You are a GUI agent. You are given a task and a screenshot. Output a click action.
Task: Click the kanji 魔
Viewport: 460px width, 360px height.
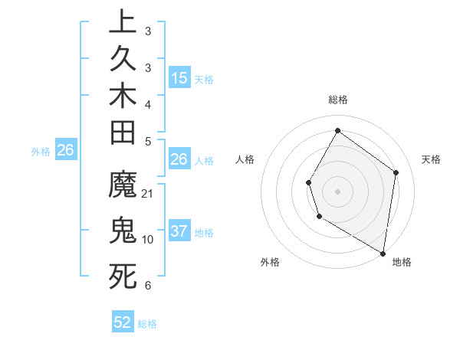pos(123,187)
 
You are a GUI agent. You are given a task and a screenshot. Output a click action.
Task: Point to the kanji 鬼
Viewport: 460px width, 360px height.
pos(123,231)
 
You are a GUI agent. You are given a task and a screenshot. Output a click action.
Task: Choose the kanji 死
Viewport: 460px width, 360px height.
pos(123,276)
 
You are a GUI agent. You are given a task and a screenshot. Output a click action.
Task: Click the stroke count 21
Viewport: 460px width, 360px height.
pos(148,194)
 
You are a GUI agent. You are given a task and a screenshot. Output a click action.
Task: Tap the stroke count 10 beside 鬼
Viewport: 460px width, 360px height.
pos(148,239)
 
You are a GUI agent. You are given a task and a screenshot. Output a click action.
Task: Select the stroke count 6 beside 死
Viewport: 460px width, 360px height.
pos(148,285)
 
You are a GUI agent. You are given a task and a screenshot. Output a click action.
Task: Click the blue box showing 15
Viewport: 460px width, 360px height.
pos(179,78)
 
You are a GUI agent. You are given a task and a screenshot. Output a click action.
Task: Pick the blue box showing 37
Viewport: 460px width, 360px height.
pos(179,231)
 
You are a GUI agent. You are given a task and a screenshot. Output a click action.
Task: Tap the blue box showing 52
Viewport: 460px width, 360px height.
pos(123,322)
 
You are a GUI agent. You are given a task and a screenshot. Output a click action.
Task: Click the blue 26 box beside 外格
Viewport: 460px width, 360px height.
pos(66,151)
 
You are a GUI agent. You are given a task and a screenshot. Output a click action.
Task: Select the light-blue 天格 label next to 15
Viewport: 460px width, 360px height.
pos(204,79)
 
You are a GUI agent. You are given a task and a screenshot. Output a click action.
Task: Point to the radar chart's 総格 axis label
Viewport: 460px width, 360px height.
pos(338,100)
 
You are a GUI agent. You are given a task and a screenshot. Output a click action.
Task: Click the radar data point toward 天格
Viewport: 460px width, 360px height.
pos(396,172)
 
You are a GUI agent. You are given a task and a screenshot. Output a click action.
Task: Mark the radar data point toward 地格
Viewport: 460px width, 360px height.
pos(383,252)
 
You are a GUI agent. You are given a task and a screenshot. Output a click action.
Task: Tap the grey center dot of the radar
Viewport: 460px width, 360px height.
pos(337,191)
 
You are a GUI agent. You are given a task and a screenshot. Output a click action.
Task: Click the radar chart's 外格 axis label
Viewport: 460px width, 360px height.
pos(270,263)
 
